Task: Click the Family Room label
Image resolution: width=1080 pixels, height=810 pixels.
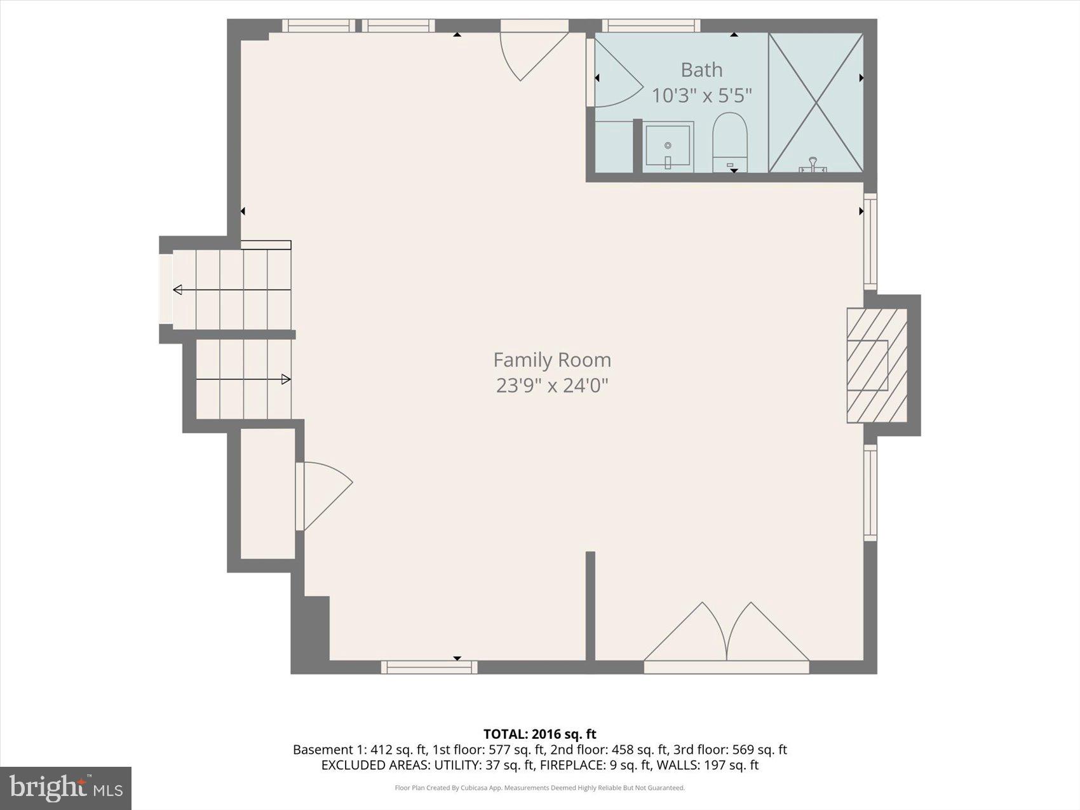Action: click(x=551, y=360)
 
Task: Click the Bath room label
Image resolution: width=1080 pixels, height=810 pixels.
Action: click(x=701, y=69)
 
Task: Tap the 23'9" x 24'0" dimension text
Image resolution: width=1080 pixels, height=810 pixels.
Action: click(x=551, y=385)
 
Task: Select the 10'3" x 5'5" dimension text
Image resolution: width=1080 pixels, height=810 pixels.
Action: click(x=701, y=95)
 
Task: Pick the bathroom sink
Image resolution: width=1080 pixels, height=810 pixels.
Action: click(x=667, y=145)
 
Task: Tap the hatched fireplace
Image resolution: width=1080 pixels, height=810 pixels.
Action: click(x=876, y=365)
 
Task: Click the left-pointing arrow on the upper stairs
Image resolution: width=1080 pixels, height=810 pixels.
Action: click(x=178, y=290)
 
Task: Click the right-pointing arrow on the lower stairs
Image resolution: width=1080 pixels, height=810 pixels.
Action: click(x=286, y=379)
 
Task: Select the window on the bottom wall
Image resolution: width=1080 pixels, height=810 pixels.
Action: click(x=429, y=666)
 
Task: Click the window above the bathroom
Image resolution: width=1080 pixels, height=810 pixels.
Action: click(x=651, y=25)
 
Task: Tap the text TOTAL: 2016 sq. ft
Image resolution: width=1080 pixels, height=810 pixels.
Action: click(x=539, y=734)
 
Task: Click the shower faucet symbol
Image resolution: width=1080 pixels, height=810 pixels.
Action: click(x=813, y=166)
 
